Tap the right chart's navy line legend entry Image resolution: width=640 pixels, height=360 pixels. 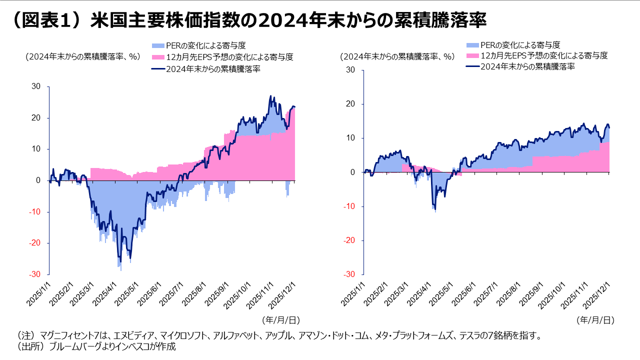[x=472, y=66]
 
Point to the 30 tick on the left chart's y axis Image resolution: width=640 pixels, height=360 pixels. [x=36, y=86]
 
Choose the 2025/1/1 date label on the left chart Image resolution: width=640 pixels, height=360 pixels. [x=39, y=297]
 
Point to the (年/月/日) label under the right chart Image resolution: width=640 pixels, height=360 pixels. [x=595, y=319]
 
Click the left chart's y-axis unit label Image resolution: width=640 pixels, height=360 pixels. [x=82, y=56]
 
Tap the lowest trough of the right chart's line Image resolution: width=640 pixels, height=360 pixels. [x=435, y=209]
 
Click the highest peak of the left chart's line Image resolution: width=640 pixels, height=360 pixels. [x=270, y=96]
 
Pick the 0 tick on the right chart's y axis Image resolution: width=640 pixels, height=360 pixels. [x=352, y=172]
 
